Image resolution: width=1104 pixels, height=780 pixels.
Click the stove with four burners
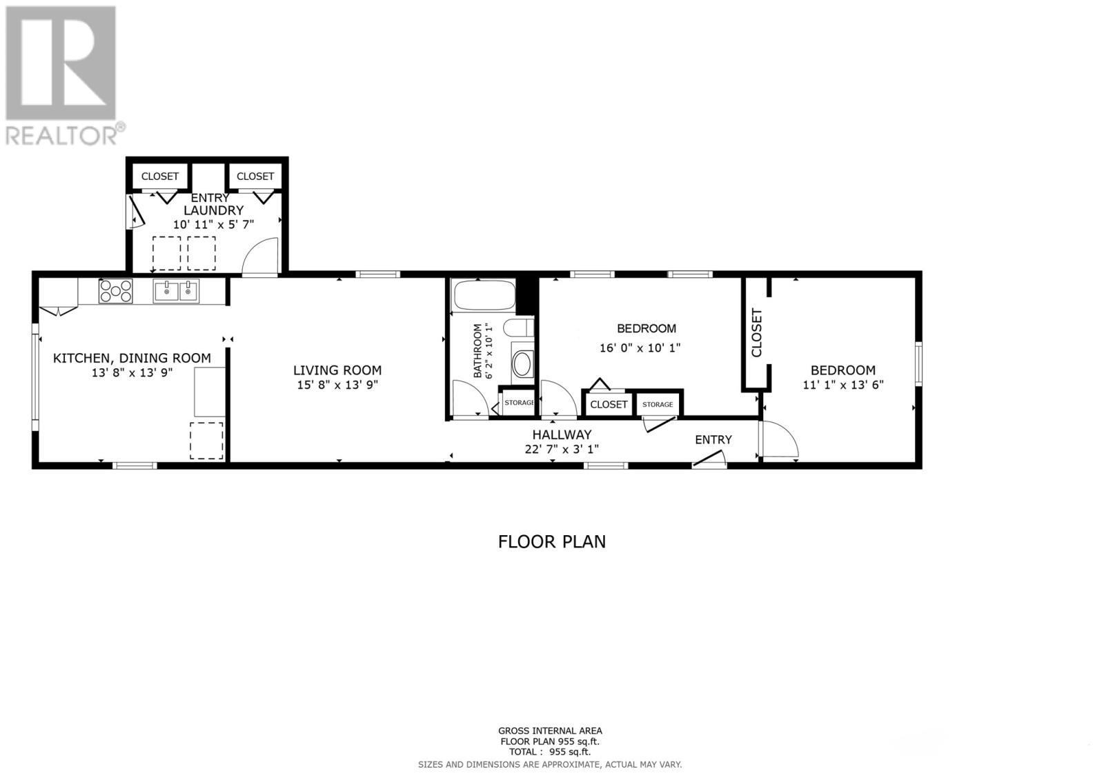click(x=115, y=290)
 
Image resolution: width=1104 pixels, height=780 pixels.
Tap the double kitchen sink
click(x=176, y=291)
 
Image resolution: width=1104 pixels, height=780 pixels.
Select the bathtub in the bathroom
click(x=483, y=295)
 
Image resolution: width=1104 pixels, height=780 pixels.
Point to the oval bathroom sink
click(x=522, y=363)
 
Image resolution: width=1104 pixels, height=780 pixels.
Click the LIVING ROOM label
click(x=337, y=370)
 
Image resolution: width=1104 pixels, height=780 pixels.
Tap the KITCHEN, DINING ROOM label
click(x=132, y=358)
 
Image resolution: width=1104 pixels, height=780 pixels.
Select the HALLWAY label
click(x=562, y=434)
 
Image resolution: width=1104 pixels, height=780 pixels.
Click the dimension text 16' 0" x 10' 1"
click(x=640, y=348)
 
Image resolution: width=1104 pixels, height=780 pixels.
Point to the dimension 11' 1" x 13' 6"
click(x=842, y=385)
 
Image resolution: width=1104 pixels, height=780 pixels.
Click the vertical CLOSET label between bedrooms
click(x=756, y=333)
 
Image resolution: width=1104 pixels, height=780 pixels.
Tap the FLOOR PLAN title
click(x=552, y=541)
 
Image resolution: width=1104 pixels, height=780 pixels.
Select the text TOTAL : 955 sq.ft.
click(x=550, y=752)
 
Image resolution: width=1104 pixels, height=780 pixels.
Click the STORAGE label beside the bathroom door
click(x=519, y=403)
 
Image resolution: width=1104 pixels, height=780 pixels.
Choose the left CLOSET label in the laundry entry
click(x=160, y=177)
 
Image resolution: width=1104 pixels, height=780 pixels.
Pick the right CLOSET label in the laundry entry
click(x=255, y=177)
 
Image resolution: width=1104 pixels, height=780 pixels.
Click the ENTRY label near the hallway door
click(x=713, y=439)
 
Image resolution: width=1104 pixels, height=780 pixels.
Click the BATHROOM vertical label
click(x=477, y=350)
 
